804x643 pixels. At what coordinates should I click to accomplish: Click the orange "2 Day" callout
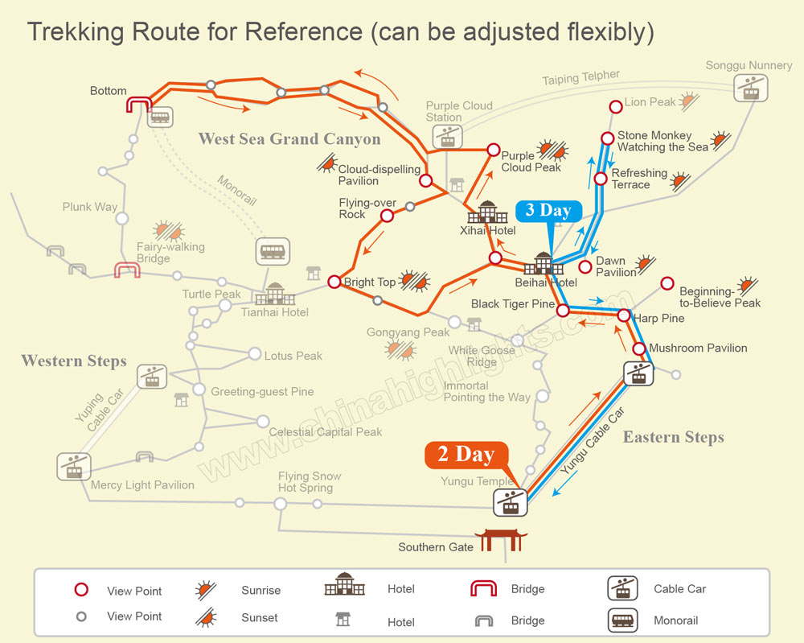(466, 455)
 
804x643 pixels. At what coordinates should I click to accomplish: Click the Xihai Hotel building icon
(487, 212)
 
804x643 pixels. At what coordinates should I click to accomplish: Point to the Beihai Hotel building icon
(544, 264)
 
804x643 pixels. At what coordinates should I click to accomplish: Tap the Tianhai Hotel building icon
(275, 294)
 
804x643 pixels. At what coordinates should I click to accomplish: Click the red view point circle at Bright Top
(334, 282)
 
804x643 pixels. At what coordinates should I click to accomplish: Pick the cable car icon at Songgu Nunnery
(751, 87)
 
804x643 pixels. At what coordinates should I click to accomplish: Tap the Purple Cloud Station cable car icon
(447, 136)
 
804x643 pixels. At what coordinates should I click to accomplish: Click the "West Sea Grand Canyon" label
(289, 139)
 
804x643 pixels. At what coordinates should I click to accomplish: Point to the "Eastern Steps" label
(673, 437)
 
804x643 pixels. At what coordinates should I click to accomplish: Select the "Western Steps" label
(74, 361)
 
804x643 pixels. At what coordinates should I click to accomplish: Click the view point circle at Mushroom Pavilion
(639, 348)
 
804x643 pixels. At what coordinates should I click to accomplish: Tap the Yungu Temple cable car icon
(510, 501)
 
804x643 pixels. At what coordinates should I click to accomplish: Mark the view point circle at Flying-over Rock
(387, 215)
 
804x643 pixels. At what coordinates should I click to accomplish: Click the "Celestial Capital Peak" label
(326, 432)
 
